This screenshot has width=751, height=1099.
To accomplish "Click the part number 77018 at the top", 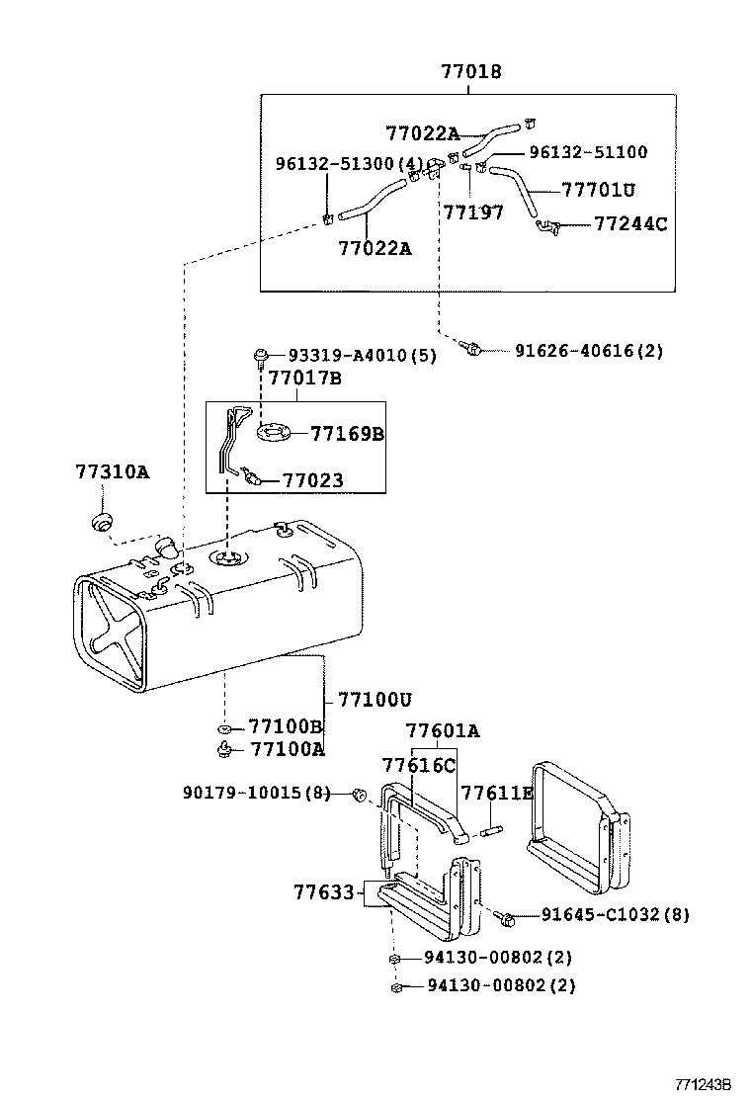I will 470,72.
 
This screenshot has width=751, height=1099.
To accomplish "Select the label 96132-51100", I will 588,152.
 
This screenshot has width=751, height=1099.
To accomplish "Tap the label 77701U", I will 598,189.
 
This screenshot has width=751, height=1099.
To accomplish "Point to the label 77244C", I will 630,224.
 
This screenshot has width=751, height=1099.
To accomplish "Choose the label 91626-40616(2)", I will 588,350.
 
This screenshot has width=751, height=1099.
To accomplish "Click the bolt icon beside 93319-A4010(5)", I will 262,355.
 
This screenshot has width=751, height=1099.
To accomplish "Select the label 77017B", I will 304,379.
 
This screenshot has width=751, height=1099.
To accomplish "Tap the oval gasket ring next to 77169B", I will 274,432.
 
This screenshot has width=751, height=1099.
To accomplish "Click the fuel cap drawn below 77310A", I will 100,521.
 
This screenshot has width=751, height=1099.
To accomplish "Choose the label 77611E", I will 497,794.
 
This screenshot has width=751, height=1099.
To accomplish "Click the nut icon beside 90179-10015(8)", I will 361,794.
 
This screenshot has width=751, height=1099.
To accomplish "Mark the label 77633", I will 323,892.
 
